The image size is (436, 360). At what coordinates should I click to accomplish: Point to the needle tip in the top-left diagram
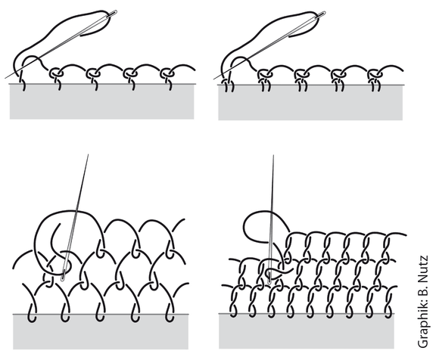pos(5,78)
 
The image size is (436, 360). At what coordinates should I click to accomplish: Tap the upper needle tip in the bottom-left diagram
pos(88,155)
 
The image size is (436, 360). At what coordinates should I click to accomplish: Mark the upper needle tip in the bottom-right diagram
pos(273,156)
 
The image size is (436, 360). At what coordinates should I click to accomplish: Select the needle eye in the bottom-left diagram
pos(64,275)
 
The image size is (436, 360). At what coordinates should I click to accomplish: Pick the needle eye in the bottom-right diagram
pos(269,277)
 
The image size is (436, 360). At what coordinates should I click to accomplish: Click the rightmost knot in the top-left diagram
pos(167,73)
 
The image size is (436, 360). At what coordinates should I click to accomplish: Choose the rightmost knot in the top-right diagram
pos(375,74)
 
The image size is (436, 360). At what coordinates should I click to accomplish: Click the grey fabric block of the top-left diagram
pos(101,101)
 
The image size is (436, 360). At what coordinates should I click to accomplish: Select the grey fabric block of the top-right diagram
pos(310,102)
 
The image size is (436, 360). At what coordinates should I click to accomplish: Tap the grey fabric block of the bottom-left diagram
pos(101,332)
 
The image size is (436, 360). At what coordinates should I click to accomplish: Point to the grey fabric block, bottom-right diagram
pos(307,331)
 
